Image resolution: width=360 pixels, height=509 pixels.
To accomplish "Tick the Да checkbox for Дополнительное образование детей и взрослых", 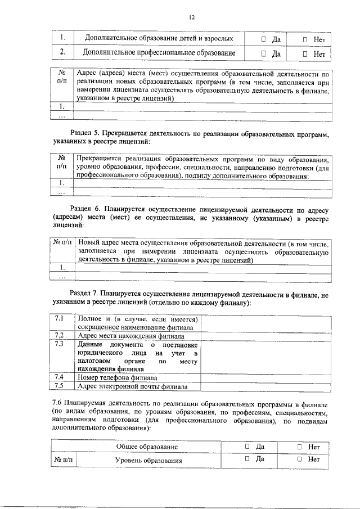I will [x=264, y=39].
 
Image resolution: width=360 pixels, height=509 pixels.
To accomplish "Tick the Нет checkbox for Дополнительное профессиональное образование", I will [x=305, y=55].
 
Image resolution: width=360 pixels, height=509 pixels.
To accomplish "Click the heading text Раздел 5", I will [x=87, y=133].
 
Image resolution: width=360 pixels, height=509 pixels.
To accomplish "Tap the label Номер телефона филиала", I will [x=117, y=377].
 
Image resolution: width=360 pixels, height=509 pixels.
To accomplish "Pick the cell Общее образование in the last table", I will [x=147, y=447].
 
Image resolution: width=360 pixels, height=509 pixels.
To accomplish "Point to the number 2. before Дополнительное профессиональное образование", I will [x=64, y=53].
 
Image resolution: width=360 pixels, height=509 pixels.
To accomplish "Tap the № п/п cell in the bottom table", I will [x=63, y=460].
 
